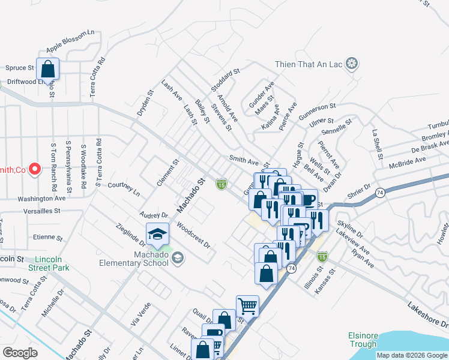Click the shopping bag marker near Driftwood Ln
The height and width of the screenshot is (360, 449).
[48, 70]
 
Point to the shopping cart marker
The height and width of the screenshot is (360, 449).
[247, 307]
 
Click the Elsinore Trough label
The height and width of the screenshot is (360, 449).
[362, 340]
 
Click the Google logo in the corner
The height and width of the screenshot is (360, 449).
[20, 352]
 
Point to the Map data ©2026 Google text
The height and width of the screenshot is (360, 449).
[412, 355]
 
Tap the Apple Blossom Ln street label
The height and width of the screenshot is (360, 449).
[71, 40]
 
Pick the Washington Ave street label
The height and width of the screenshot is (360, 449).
[41, 197]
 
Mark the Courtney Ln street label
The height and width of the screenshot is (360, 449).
[124, 189]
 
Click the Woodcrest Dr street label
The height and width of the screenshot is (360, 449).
[194, 236]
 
